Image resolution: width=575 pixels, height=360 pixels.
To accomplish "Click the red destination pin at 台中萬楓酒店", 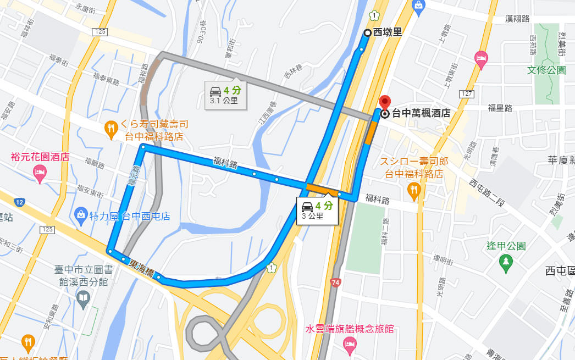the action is click(x=385, y=102).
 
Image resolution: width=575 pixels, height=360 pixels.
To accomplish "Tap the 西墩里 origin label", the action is click(x=387, y=32).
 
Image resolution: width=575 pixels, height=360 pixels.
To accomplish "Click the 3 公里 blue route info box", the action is click(x=317, y=210).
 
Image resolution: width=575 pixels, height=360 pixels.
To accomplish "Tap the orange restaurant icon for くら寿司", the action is click(x=110, y=128).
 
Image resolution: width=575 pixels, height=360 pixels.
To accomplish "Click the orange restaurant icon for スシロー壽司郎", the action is click(x=414, y=190).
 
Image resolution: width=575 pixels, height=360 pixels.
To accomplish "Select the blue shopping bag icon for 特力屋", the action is click(x=81, y=213).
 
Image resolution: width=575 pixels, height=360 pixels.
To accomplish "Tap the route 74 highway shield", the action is click(x=335, y=283).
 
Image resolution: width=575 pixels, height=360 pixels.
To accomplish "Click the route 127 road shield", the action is click(x=467, y=94).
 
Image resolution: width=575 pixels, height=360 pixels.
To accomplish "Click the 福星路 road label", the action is click(x=500, y=108).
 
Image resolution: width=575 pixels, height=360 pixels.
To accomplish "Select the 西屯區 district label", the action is click(x=559, y=270).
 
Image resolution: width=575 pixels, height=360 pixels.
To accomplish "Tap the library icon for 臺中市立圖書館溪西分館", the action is click(x=83, y=299).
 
